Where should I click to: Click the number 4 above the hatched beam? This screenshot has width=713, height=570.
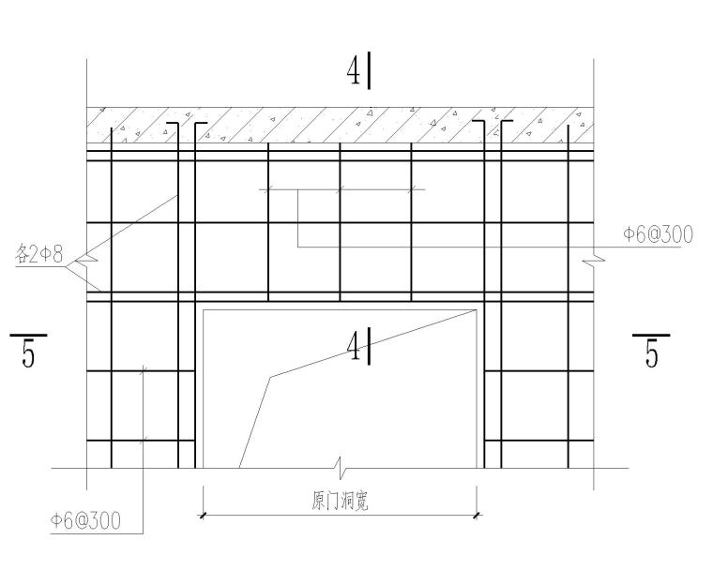pyautogui.click(x=355, y=74)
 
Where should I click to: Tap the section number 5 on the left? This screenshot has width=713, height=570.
pyautogui.click(x=29, y=356)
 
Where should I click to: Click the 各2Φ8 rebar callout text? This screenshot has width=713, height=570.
pyautogui.click(x=39, y=254)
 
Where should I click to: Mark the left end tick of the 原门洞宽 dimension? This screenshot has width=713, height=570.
pyautogui.click(x=203, y=514)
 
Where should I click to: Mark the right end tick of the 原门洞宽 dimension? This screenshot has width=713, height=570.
pyautogui.click(x=478, y=514)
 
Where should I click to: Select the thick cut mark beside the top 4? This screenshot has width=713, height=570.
pyautogui.click(x=371, y=70)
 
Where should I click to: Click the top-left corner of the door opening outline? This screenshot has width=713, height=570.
pyautogui.click(x=204, y=309)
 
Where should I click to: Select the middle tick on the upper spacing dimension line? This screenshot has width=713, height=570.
pyautogui.click(x=340, y=189)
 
